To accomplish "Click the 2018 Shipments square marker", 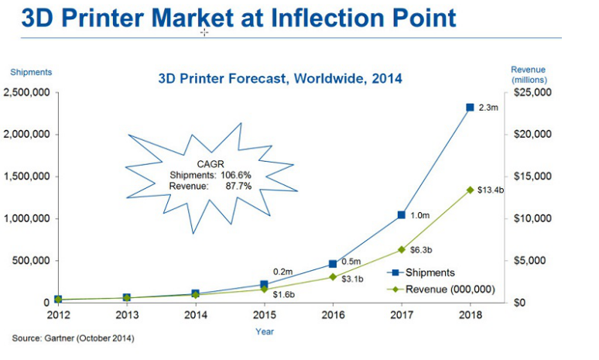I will point(470,108).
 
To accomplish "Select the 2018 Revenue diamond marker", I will point(470,190).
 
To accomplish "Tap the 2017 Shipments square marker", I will point(401,214).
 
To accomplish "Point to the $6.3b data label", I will point(421,251).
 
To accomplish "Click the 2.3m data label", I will point(488,108).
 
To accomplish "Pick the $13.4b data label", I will point(491,190).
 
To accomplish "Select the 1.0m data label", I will point(419,214).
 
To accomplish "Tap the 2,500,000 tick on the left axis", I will point(26,93).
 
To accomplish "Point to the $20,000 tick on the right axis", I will point(531,135).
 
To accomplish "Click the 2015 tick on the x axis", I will point(265,315).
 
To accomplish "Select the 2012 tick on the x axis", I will point(58,315).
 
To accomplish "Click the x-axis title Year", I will point(265,331).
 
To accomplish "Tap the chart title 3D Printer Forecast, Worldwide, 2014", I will point(280,78).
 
